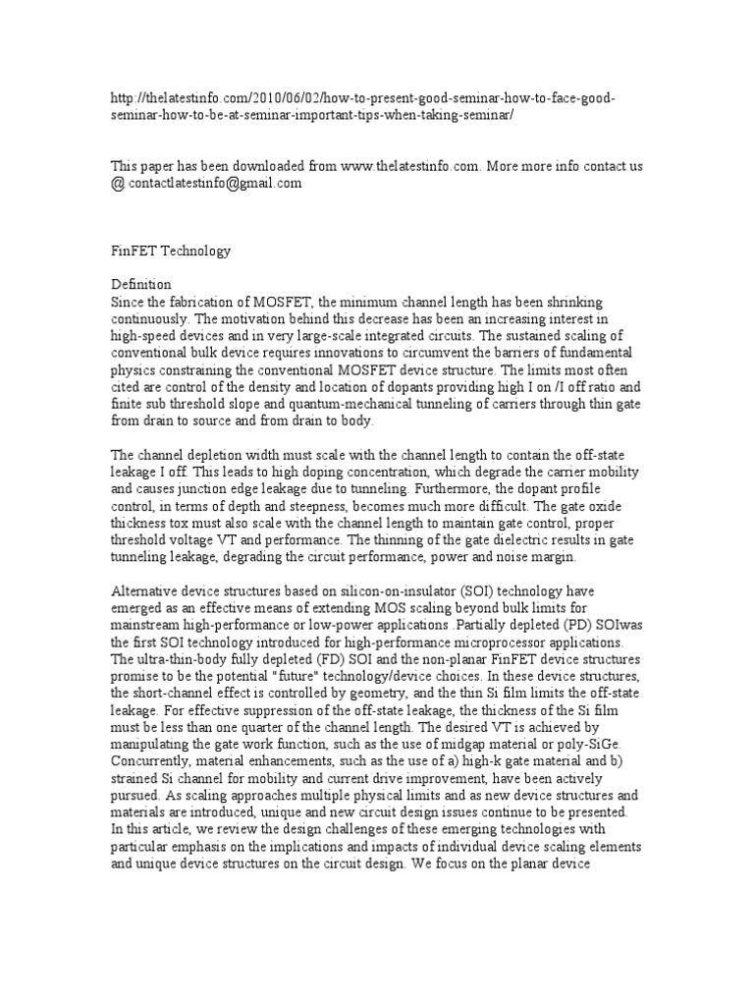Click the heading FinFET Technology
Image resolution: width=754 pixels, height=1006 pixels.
click(169, 251)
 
